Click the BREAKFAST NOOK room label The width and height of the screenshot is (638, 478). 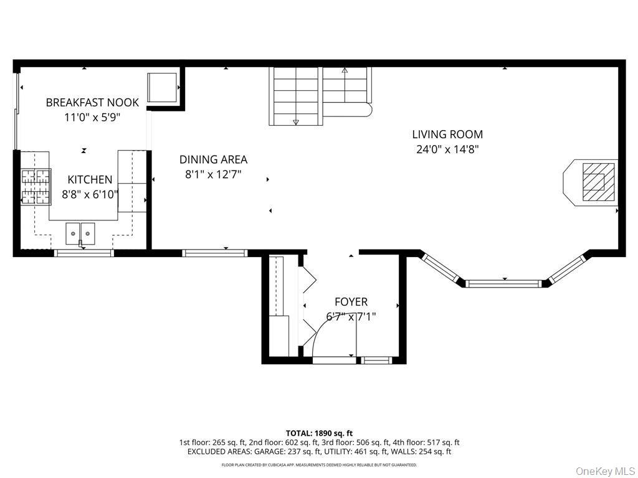pyautogui.click(x=92, y=103)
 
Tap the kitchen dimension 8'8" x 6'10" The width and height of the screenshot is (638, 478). pyautogui.click(x=90, y=195)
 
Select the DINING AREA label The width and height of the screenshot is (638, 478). pyautogui.click(x=213, y=159)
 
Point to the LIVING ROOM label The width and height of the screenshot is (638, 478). pyautogui.click(x=447, y=134)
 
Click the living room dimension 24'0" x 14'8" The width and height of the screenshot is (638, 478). pyautogui.click(x=447, y=149)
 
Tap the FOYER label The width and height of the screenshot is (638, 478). pyautogui.click(x=351, y=302)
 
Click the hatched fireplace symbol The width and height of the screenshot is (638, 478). pyautogui.click(x=599, y=182)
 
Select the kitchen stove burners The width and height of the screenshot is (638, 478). pyautogui.click(x=36, y=187)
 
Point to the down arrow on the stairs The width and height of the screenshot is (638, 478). pyautogui.click(x=296, y=121)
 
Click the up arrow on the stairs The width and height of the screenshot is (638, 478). pyautogui.click(x=345, y=70)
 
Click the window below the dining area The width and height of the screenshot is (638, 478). pyautogui.click(x=215, y=253)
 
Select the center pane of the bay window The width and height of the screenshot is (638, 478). pyautogui.click(x=504, y=283)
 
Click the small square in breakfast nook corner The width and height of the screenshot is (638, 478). pyautogui.click(x=162, y=87)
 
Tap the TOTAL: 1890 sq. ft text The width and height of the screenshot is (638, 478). pyautogui.click(x=316, y=433)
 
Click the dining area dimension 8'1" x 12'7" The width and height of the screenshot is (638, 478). pyautogui.click(x=213, y=174)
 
